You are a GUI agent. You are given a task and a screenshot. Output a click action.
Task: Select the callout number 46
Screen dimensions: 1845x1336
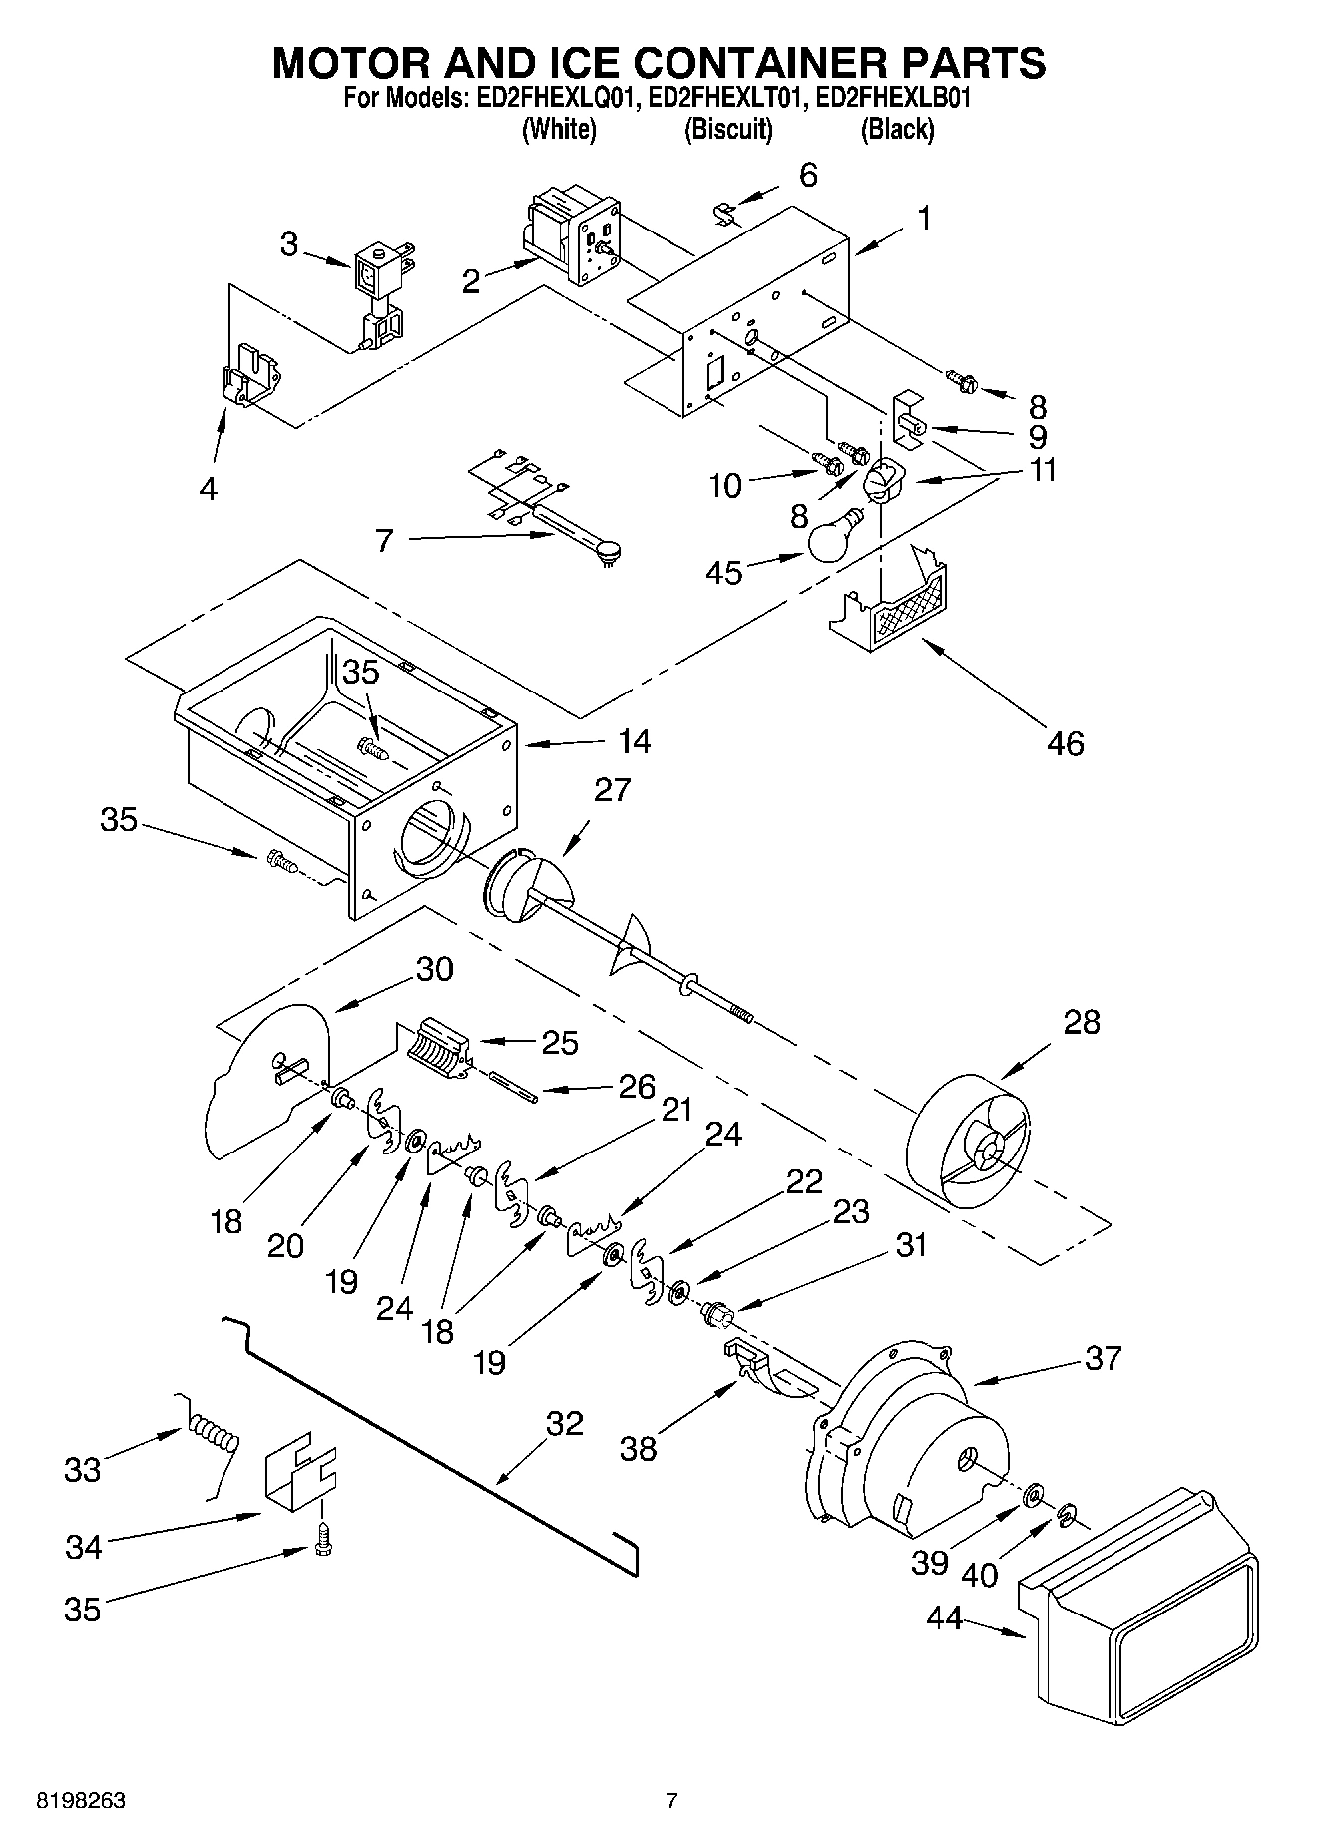point(1065,743)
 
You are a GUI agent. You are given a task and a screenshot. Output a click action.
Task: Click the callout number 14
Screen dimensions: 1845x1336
point(634,741)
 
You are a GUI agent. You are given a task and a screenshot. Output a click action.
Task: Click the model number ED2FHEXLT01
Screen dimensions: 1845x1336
point(727,99)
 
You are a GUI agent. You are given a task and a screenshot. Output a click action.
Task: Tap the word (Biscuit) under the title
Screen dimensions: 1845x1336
point(727,130)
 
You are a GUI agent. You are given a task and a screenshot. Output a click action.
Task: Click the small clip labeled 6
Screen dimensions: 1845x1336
point(725,212)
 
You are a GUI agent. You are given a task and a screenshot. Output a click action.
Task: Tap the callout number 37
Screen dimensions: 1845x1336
point(1103,1358)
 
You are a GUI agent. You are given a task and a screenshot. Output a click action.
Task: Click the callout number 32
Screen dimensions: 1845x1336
point(564,1423)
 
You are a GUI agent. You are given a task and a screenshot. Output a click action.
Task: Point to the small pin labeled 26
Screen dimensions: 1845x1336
point(515,1088)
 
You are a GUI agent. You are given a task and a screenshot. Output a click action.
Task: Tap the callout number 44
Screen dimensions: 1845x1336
point(944,1617)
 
